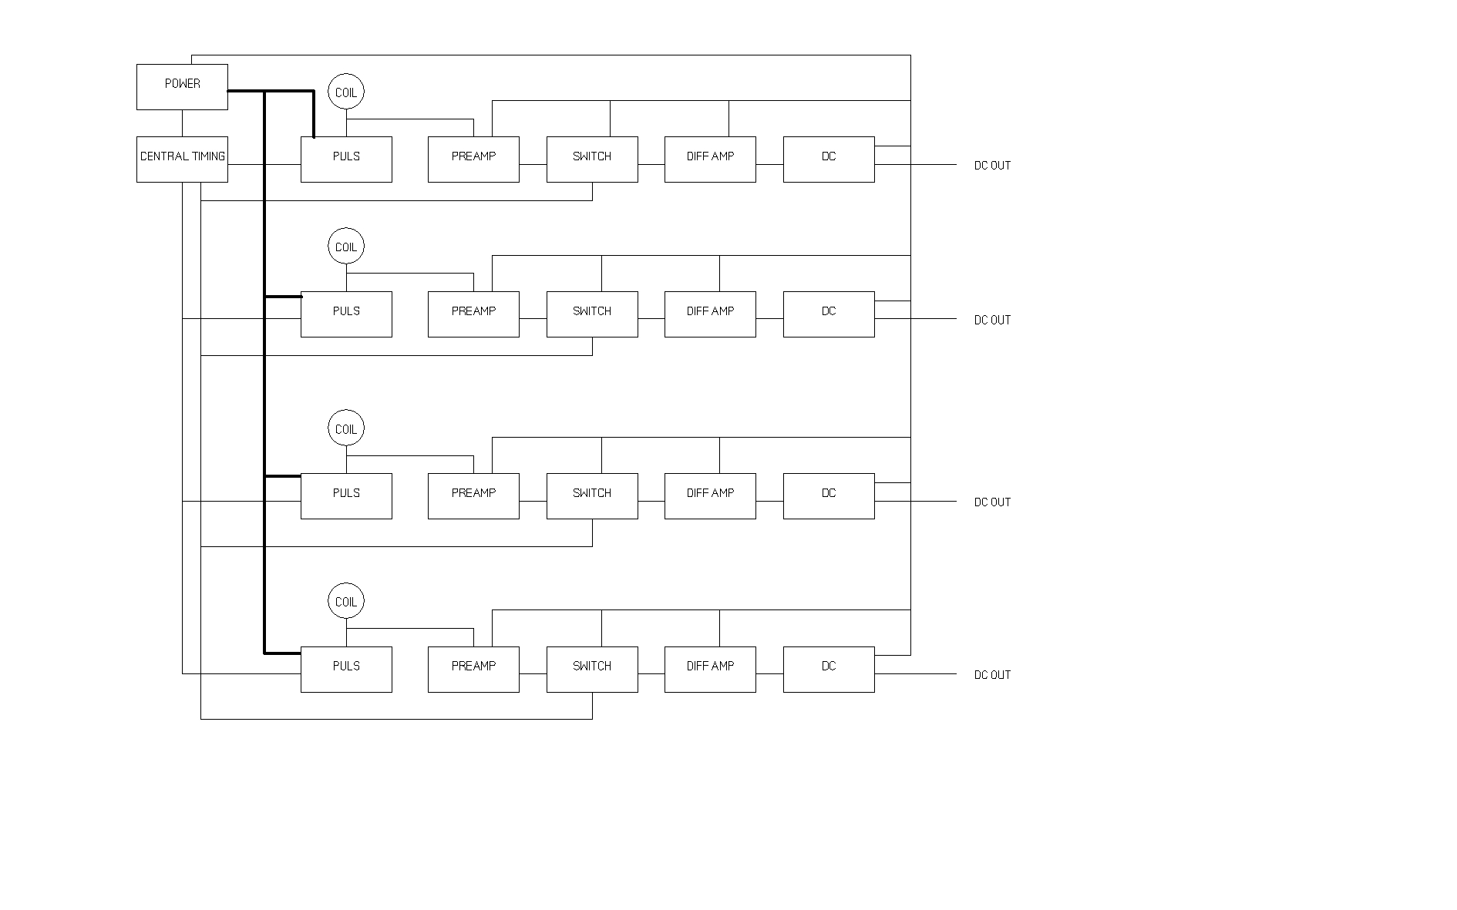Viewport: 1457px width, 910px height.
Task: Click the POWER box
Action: [x=182, y=87]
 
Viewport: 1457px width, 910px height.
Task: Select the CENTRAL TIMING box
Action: [x=182, y=160]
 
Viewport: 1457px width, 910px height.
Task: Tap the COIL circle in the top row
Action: [x=346, y=92]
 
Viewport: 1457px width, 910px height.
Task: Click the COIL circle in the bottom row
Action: [x=346, y=602]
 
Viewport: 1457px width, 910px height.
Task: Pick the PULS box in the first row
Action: [x=346, y=160]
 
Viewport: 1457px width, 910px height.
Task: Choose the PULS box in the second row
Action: [x=346, y=314]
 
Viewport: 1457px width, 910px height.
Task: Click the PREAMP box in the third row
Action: [x=473, y=496]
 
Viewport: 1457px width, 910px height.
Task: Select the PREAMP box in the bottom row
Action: [x=473, y=670]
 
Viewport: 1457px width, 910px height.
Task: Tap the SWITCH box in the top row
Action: [x=592, y=160]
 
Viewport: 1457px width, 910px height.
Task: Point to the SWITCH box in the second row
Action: [x=592, y=314]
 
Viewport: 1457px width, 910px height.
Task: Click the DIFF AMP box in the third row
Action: [x=710, y=496]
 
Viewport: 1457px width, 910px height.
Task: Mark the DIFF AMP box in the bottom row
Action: [x=710, y=670]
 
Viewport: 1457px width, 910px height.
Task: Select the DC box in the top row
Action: [x=829, y=160]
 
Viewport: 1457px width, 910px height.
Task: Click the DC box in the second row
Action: [x=829, y=314]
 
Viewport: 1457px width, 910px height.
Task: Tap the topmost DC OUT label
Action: [x=992, y=166]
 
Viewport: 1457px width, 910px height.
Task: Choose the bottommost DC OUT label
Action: [x=992, y=675]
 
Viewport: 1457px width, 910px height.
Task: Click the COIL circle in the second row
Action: [x=346, y=247]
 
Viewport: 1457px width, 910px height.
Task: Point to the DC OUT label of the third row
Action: [x=992, y=502]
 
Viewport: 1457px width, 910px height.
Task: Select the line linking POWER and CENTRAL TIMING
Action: [x=183, y=123]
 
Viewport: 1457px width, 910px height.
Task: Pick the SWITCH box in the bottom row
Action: [x=592, y=670]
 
